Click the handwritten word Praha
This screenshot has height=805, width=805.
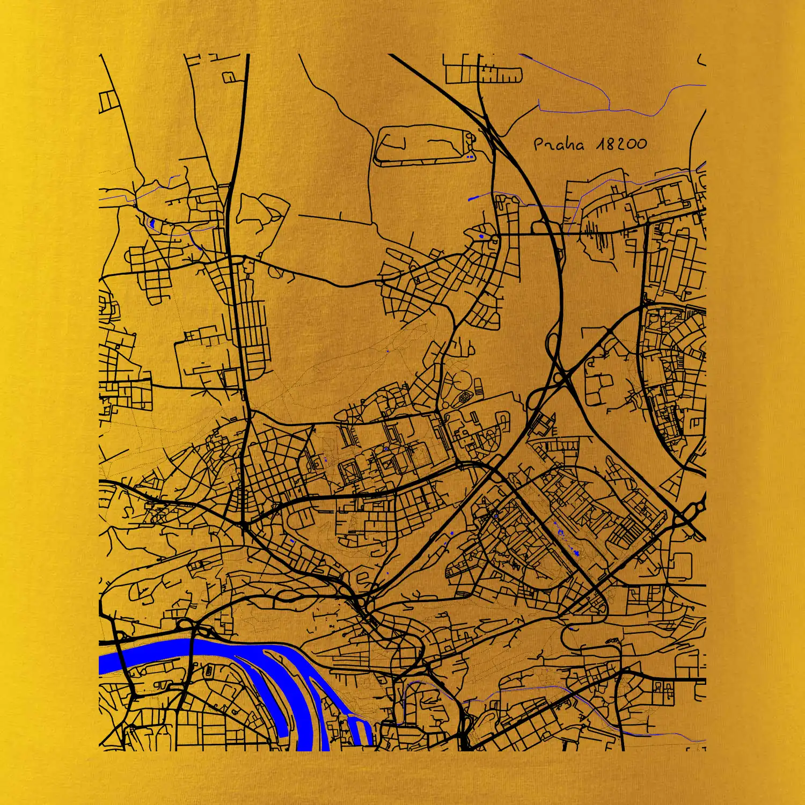coord(558,144)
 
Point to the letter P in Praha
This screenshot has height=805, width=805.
coord(539,144)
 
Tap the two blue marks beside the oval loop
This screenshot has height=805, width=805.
coord(470,157)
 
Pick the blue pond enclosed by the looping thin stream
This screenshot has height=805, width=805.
coord(152,222)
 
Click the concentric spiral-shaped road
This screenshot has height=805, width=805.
coord(464,398)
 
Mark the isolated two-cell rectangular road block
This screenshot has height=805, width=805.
coord(107,100)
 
